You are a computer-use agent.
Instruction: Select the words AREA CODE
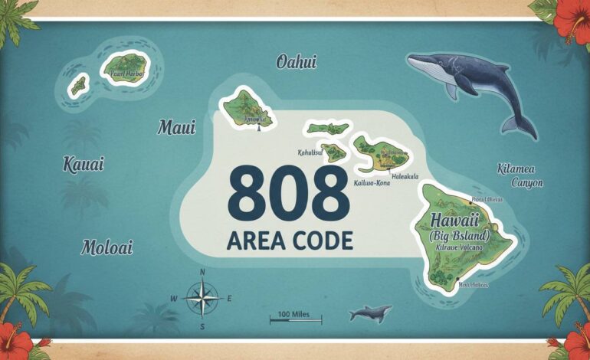290,241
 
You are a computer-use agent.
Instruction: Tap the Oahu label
296,62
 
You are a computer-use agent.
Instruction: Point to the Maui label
176,127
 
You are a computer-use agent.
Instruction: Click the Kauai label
84,164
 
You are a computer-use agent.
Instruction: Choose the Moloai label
107,247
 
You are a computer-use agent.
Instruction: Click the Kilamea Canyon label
520,175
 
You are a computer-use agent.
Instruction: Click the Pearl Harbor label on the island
126,74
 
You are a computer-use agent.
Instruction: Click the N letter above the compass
202,272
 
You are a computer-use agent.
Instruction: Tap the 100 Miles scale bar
295,316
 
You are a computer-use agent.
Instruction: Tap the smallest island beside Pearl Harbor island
78,85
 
